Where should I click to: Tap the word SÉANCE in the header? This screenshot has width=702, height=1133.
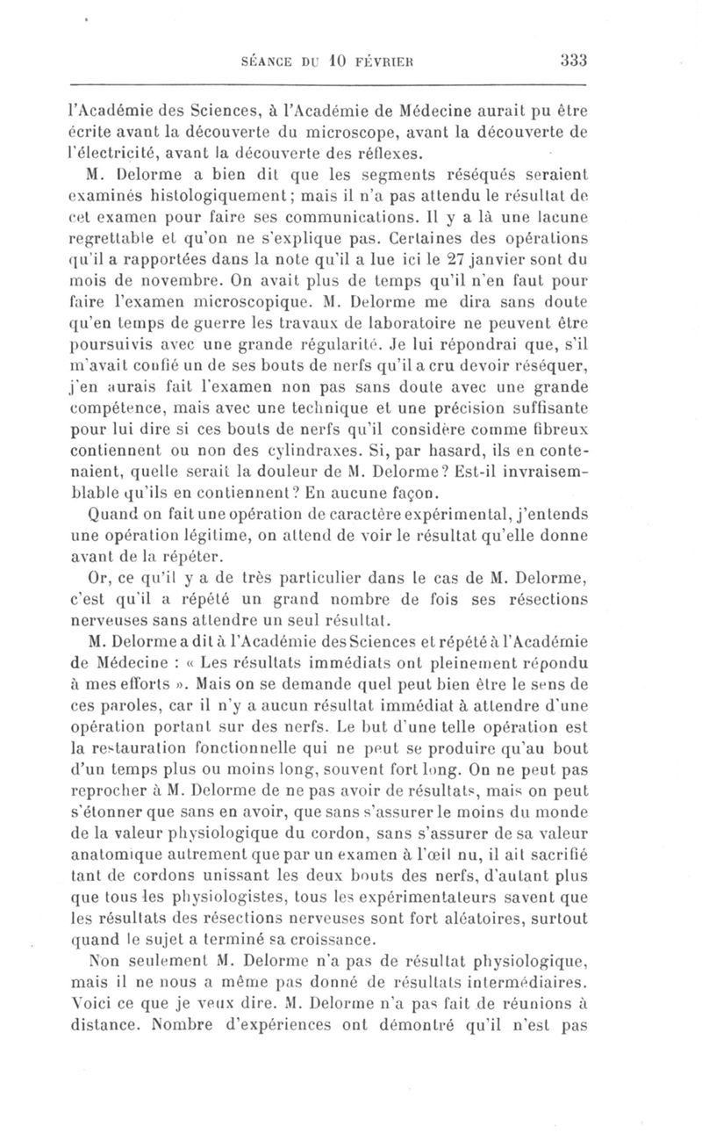(266, 61)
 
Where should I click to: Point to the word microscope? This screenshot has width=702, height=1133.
(350, 132)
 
